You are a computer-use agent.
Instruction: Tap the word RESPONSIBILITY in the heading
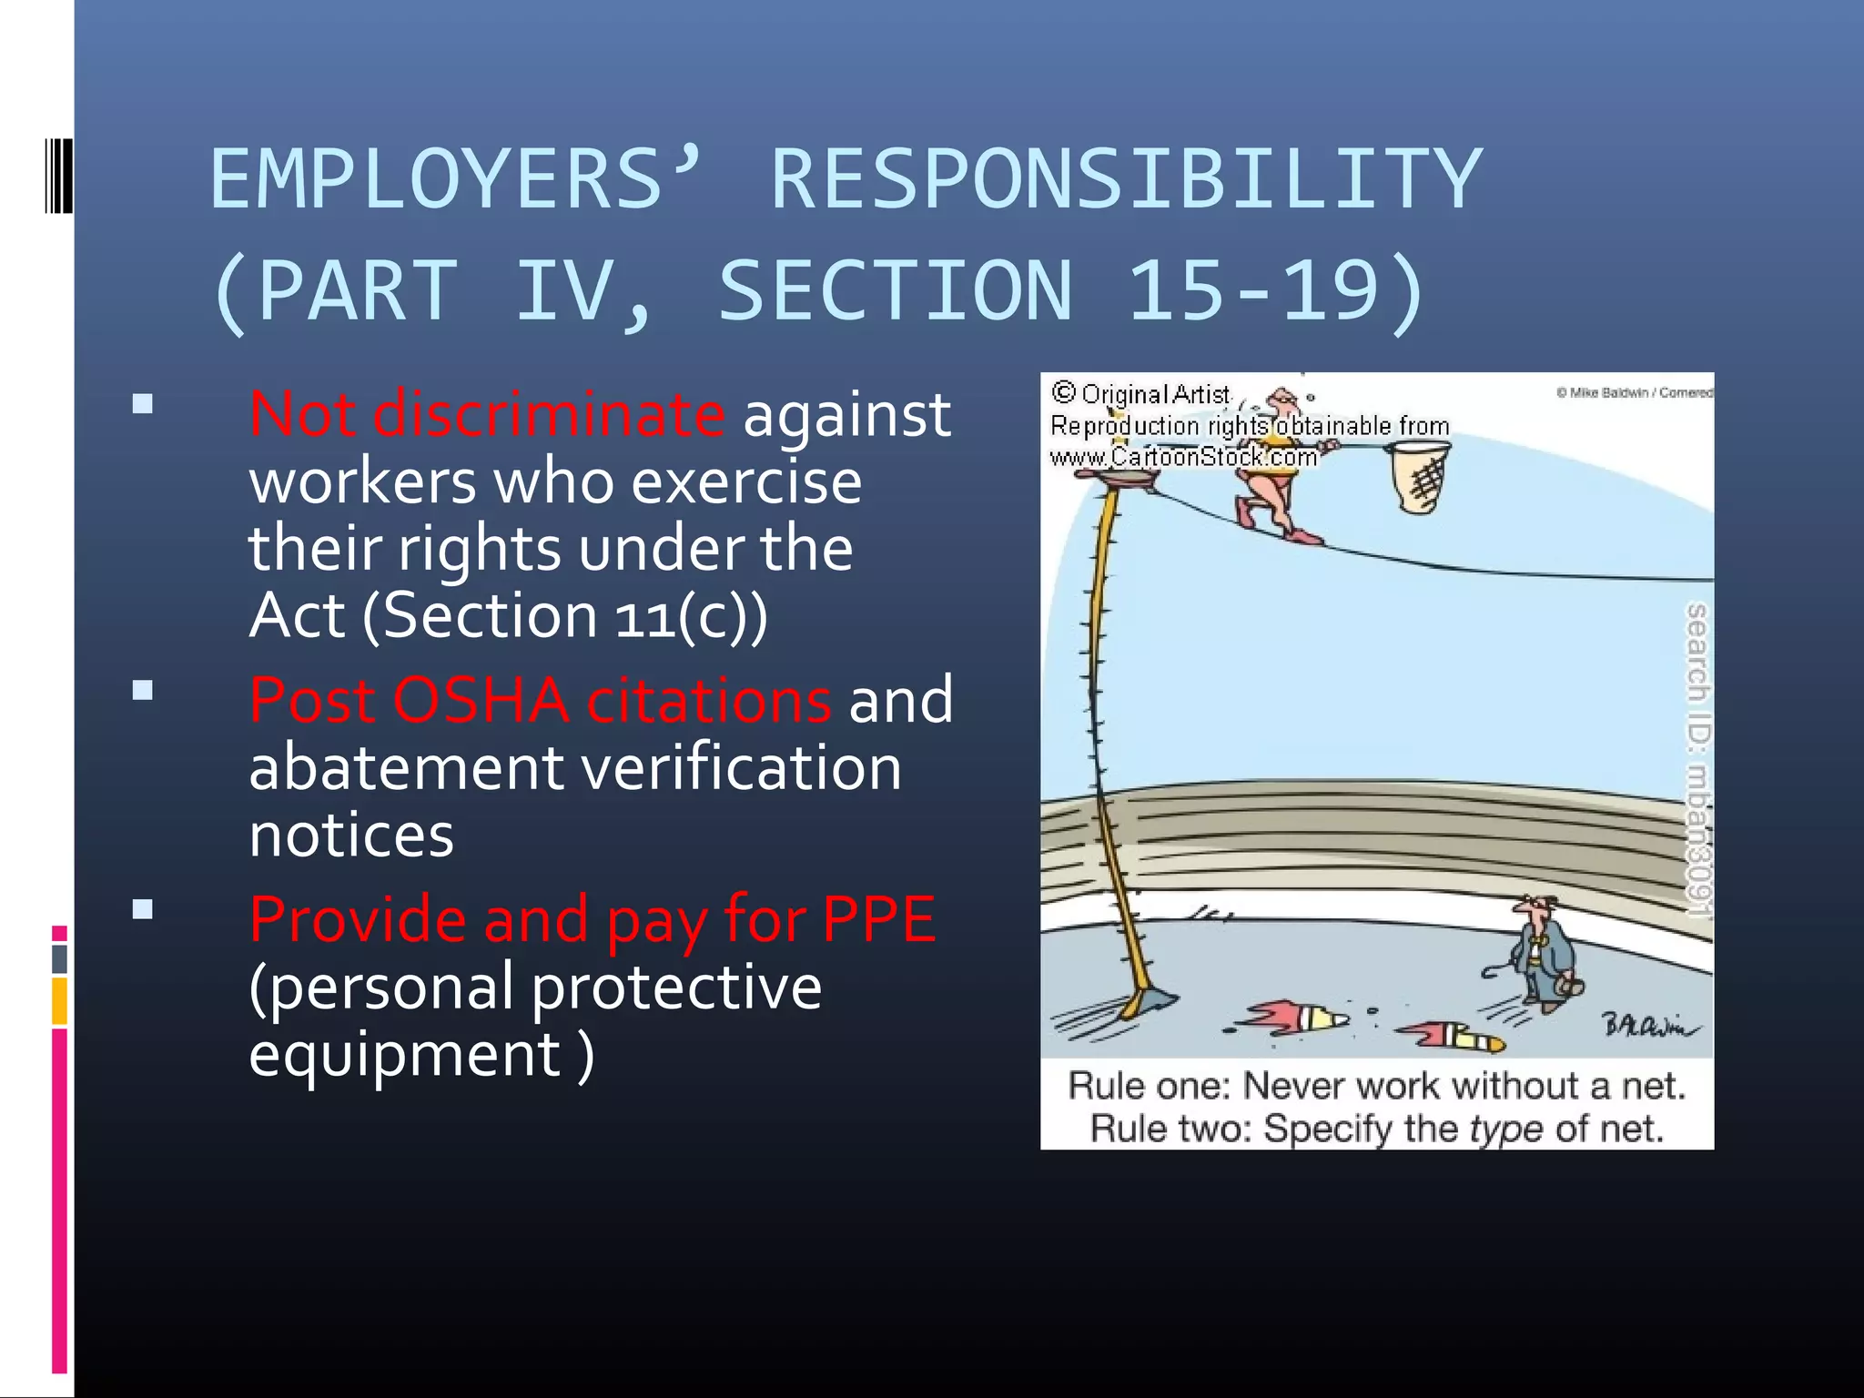point(1127,179)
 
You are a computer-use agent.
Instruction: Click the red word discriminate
point(549,414)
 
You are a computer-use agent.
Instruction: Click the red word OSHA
point(481,701)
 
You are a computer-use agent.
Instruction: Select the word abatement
point(406,767)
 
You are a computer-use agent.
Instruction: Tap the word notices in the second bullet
point(351,835)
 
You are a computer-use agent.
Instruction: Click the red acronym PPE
point(878,919)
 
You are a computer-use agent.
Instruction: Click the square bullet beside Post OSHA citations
point(142,691)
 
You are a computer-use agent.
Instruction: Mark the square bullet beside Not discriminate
point(142,404)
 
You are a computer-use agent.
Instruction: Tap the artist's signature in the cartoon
point(1648,1026)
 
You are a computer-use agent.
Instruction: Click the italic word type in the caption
point(1506,1129)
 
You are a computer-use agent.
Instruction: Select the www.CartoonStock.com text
point(1183,457)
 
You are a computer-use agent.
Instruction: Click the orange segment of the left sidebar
point(59,1000)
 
